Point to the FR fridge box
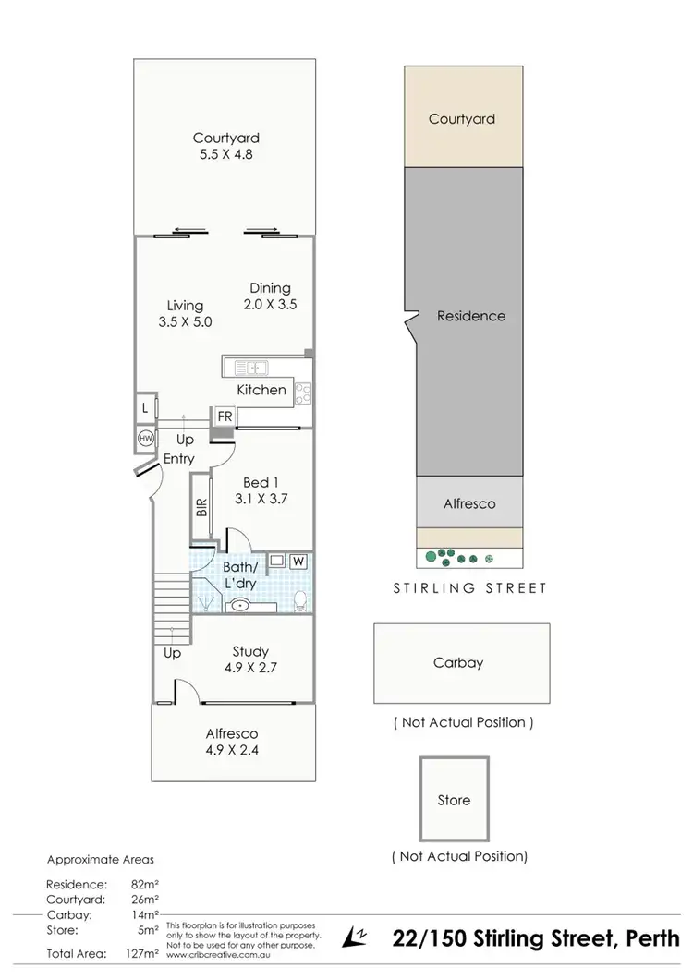224,417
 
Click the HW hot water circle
145,438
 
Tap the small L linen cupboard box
145,407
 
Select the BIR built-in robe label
201,508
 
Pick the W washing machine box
298,560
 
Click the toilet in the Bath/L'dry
298,600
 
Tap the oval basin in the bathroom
239,606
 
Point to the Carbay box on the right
460,662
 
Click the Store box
454,800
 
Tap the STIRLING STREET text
471,587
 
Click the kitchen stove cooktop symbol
303,392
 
